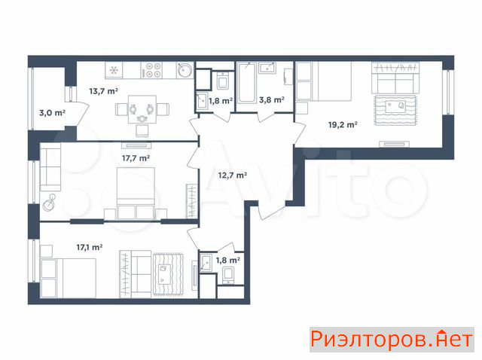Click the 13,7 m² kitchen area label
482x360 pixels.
104,91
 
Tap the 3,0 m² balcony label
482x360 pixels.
52,113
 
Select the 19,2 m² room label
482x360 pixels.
343,124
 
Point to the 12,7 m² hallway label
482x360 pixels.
233,175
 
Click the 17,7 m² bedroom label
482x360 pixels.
136,158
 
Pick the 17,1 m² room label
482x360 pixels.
90,247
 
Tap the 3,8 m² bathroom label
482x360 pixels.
272,99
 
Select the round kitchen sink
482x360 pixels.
185,70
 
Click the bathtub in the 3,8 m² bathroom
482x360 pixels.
246,82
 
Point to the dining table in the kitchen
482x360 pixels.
142,109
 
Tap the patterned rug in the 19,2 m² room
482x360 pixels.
395,110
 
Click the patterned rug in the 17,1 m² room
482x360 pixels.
169,274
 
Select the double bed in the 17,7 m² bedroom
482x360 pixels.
136,194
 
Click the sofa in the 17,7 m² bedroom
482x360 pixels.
50,167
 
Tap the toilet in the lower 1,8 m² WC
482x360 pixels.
228,276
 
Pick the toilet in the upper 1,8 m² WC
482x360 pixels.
222,81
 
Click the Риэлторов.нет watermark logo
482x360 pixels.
392,340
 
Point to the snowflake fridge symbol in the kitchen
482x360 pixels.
114,70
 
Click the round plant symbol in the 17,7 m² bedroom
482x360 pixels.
49,203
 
